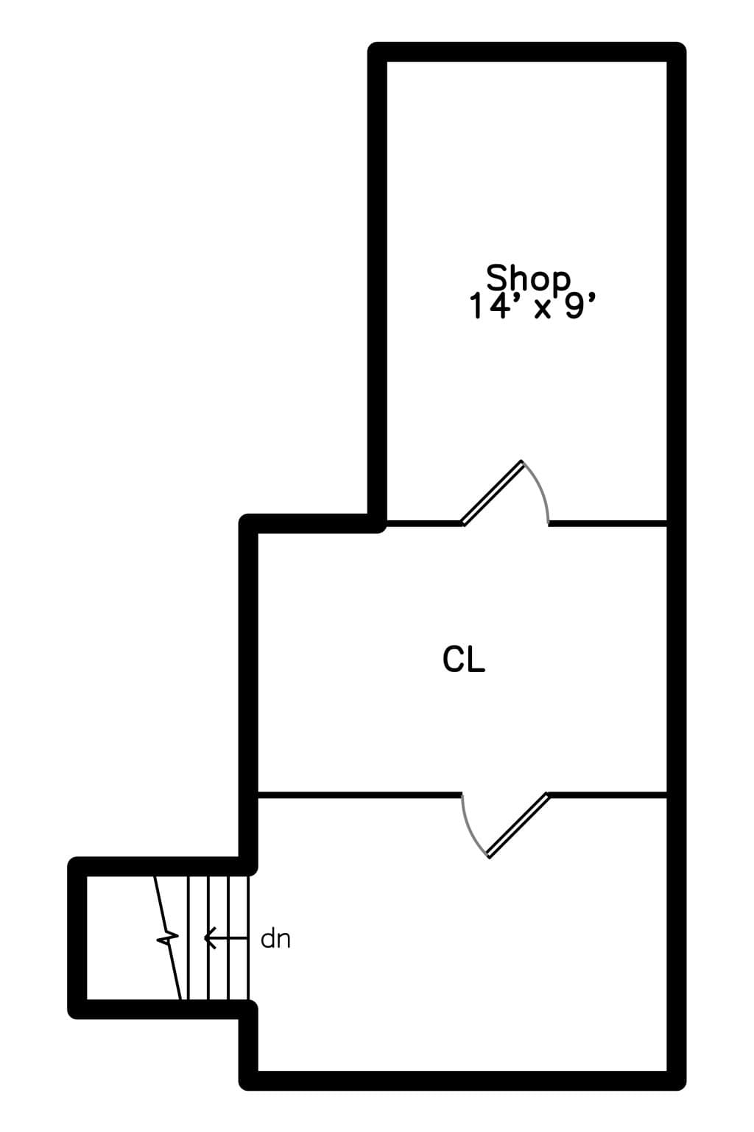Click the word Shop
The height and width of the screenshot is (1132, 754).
pos(528,278)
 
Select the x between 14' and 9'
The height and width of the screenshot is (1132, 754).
pos(542,310)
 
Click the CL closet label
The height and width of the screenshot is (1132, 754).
pos(464,659)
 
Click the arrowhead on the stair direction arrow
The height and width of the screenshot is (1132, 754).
pos(210,938)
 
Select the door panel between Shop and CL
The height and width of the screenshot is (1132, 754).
pos(493,493)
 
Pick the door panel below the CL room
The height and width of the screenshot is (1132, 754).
pos(518,825)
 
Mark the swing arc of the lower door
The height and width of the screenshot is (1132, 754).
pos(469,829)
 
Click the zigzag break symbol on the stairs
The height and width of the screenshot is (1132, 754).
pos(168,938)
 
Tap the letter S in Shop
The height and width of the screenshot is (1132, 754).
pos(497,277)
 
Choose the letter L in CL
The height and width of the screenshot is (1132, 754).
pos(476,659)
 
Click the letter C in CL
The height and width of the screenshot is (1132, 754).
pos(453,659)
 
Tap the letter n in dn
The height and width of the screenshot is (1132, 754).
pos(283,941)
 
